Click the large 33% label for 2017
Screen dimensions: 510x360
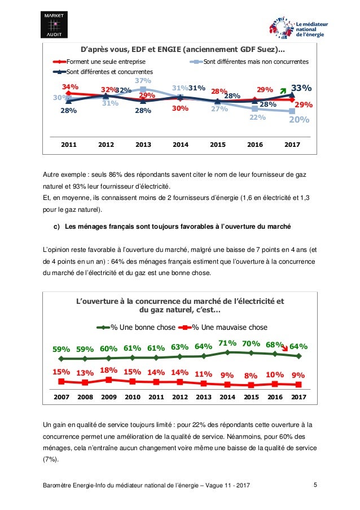(x=301, y=88)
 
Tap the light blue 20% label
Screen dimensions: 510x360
(x=299, y=120)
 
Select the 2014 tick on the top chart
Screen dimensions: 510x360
(x=180, y=145)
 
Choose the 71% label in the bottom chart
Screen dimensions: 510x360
(x=227, y=343)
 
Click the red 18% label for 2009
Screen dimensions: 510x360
(x=108, y=370)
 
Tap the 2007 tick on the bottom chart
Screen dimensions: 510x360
(x=61, y=397)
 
